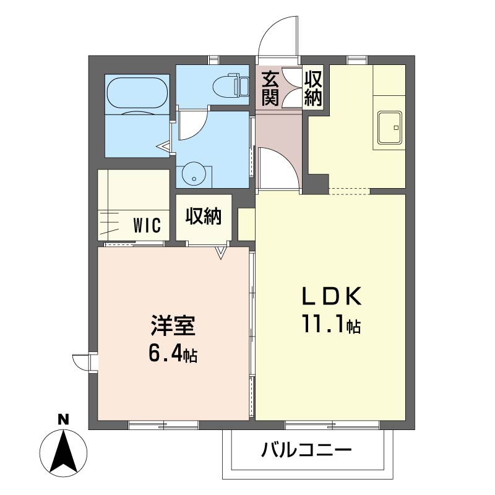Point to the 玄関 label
(x=270, y=88)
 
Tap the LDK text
(x=331, y=298)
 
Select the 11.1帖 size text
(x=331, y=324)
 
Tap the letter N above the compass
(x=62, y=419)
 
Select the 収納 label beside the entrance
(x=314, y=88)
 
